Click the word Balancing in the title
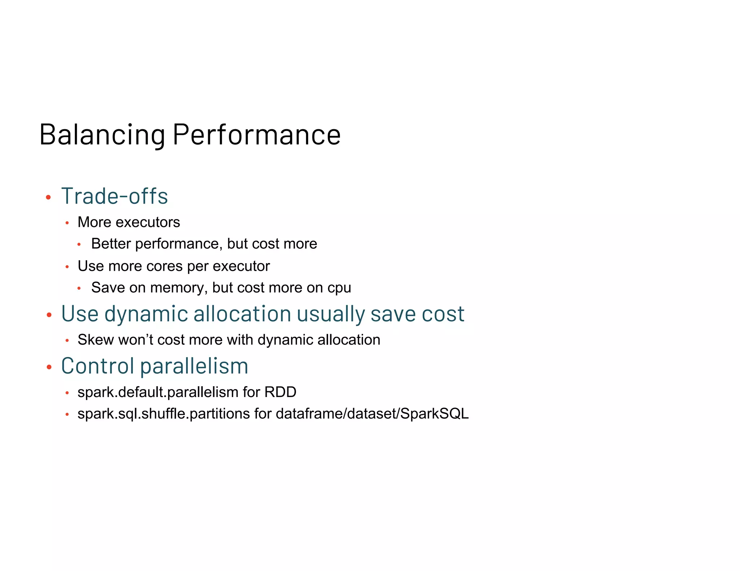[102, 135]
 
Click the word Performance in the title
[257, 135]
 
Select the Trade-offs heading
[115, 196]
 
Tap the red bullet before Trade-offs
[48, 197]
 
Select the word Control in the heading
[98, 366]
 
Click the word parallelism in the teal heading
[194, 367]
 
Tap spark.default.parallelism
[158, 392]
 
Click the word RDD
[280, 392]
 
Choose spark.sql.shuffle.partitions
[163, 414]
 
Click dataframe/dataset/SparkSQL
[372, 414]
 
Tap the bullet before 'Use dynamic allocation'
[50, 315]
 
